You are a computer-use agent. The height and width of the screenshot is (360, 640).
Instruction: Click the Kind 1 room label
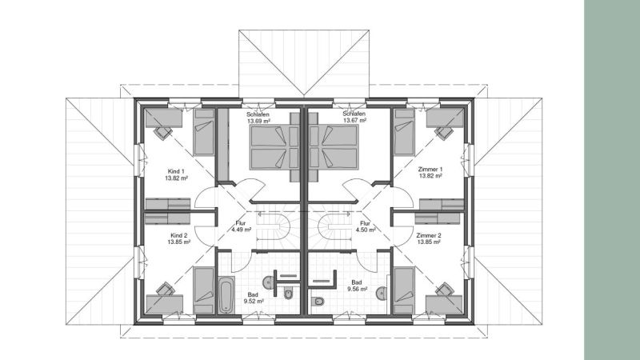[176, 174]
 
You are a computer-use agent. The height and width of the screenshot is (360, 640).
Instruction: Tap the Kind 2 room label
[178, 238]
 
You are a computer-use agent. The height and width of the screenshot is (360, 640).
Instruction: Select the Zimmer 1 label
[430, 172]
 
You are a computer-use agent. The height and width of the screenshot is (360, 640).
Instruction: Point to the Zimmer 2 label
[429, 238]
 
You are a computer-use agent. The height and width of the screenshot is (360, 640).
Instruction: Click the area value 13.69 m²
[258, 121]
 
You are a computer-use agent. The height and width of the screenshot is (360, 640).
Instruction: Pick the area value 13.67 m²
[354, 121]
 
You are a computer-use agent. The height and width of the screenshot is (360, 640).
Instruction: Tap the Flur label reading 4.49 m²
[241, 226]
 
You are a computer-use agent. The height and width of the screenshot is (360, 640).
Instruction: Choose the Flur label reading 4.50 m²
[366, 226]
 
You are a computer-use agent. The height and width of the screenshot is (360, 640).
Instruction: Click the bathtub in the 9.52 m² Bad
[226, 295]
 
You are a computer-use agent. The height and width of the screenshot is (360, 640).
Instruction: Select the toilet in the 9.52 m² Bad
[289, 293]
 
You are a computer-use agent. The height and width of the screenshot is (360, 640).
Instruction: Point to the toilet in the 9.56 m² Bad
[318, 302]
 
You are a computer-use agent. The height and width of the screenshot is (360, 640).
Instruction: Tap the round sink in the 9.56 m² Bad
[382, 293]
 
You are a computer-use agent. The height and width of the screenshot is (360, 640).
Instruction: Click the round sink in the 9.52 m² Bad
[268, 282]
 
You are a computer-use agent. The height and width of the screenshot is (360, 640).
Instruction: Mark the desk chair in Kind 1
[163, 133]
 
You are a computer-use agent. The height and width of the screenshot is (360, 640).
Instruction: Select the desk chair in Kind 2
[166, 289]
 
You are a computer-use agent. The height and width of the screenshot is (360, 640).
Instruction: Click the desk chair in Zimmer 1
[444, 133]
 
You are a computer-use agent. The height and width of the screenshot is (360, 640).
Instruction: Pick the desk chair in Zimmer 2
[445, 289]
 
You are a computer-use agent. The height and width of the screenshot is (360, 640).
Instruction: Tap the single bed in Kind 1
[204, 132]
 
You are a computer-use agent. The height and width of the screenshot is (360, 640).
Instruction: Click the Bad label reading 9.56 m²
[357, 286]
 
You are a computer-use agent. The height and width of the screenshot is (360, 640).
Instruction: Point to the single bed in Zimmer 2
[404, 290]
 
